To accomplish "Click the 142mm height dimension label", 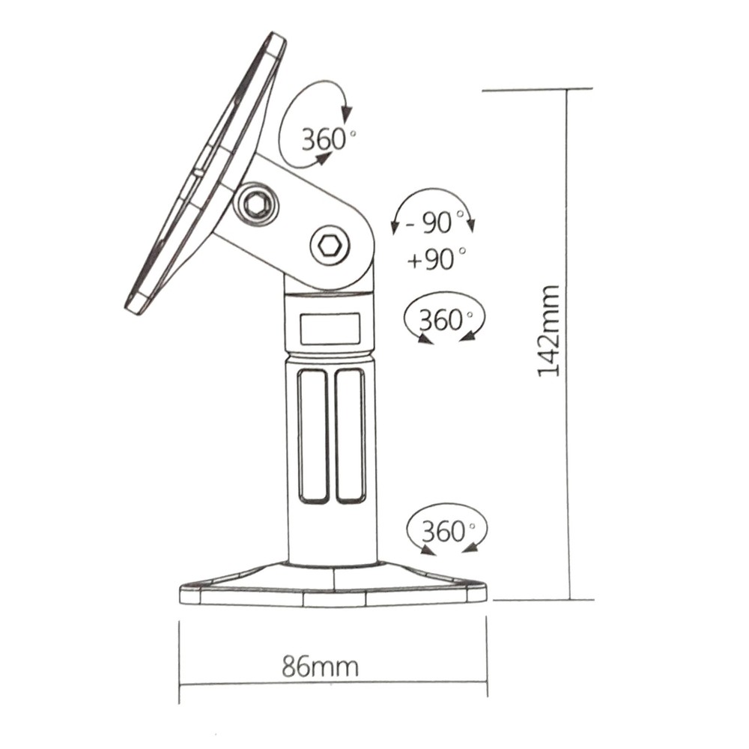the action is (x=548, y=331).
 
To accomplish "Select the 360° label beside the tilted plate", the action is (x=329, y=139).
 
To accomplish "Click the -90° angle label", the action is (x=434, y=222).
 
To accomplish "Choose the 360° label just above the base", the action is (x=449, y=531).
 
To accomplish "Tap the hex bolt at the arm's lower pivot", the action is (x=329, y=246).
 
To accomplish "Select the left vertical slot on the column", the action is (x=313, y=436).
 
